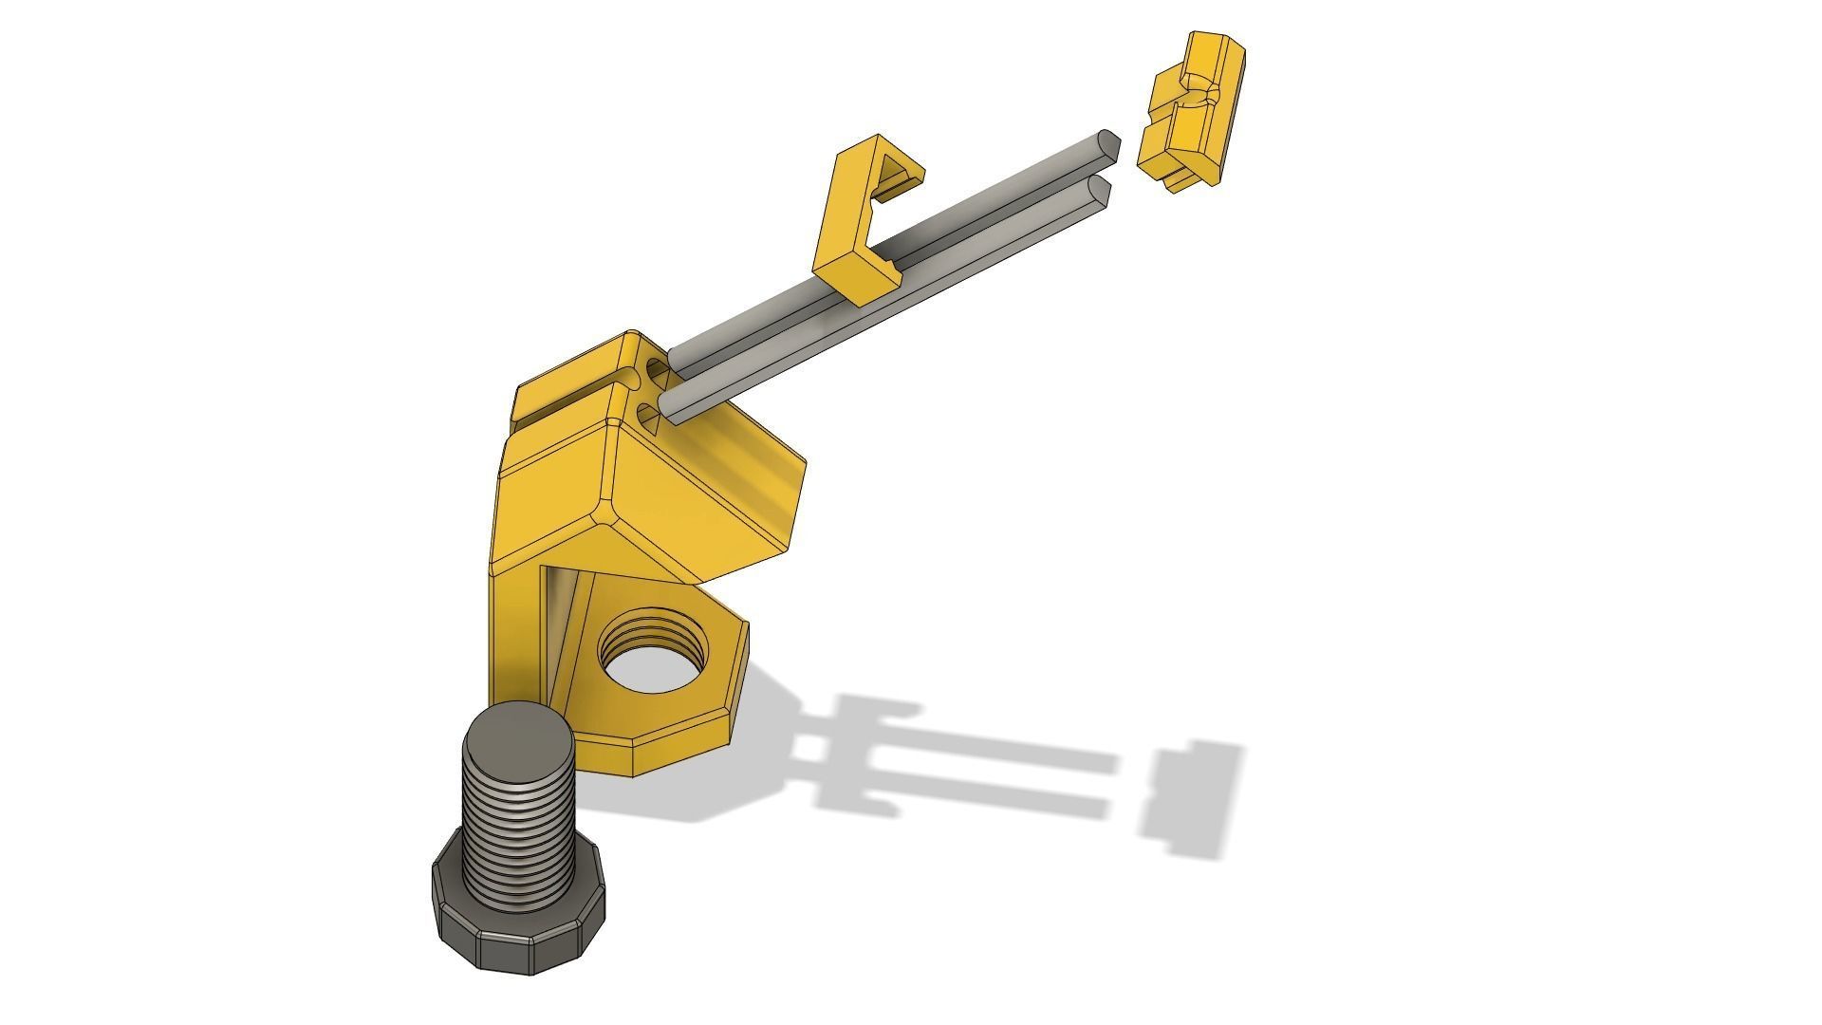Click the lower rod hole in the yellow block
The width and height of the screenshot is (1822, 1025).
pos(649,415)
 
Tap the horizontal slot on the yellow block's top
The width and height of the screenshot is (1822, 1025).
pos(569,402)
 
